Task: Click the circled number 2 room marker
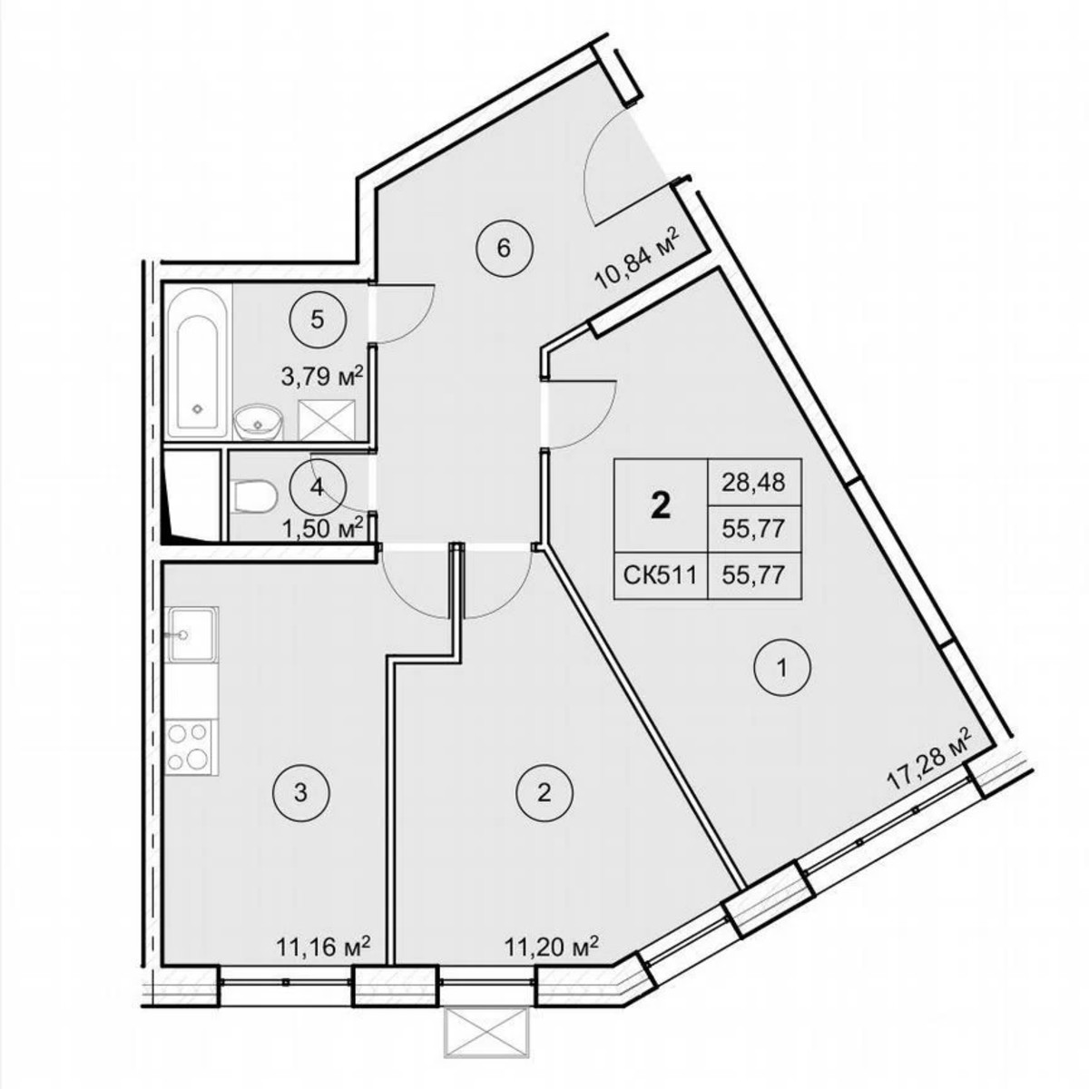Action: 544,793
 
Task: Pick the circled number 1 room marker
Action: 783,670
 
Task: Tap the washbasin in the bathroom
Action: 256,422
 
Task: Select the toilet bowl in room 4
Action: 254,496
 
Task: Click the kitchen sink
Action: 191,633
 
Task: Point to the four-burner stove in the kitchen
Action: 190,746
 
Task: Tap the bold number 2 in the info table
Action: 662,505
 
